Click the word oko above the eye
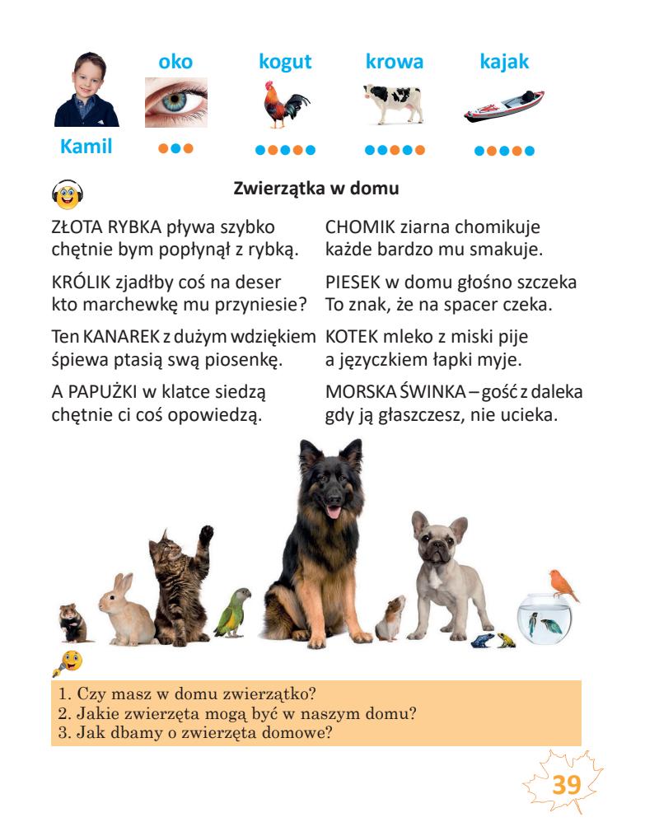175,62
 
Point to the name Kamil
86,147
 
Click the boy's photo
86,90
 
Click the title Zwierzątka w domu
316,189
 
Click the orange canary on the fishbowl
562,586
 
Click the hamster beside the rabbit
73,623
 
